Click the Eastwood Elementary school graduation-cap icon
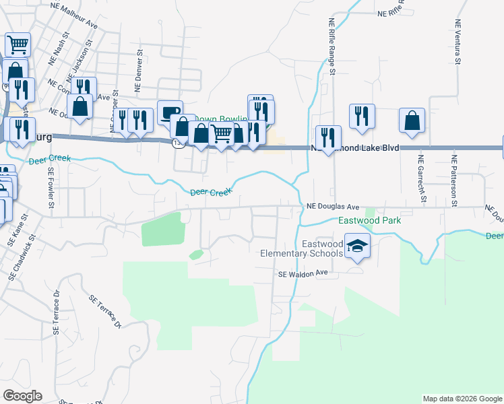[x=358, y=247]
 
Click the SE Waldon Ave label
[x=303, y=273]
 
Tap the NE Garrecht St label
[x=422, y=179]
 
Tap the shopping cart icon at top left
[x=18, y=44]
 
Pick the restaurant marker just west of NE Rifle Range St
[x=328, y=138]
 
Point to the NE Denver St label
[x=138, y=69]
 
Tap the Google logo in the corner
[x=22, y=396]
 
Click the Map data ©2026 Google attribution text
[x=462, y=399]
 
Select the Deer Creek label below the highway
[x=210, y=193]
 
